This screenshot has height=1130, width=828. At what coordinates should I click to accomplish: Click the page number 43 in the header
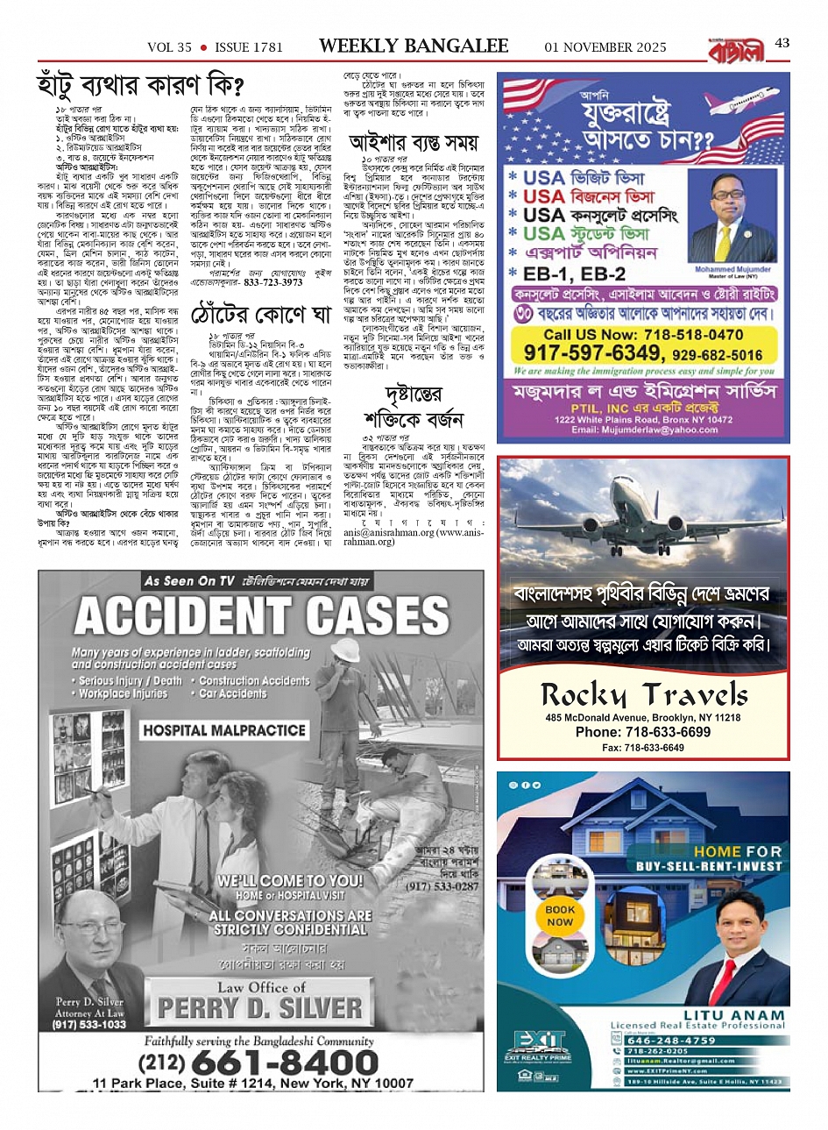click(782, 45)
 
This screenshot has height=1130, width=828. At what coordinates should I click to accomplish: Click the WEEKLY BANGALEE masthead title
click(414, 46)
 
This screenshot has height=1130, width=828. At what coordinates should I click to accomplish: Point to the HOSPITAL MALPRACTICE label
click(223, 729)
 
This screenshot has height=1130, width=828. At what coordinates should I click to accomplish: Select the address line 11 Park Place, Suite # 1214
click(252, 1084)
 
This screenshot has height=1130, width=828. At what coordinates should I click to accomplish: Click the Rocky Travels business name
click(644, 695)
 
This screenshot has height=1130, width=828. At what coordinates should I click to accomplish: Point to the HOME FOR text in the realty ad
click(737, 851)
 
